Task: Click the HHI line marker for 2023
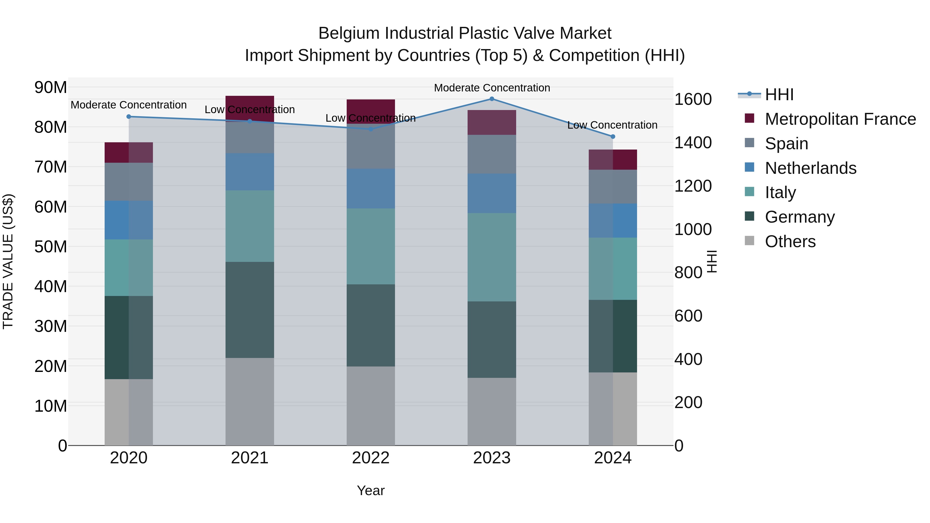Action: [x=492, y=99]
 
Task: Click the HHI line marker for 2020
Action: [x=129, y=116]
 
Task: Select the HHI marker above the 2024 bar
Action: [x=613, y=136]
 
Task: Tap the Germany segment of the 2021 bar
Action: [x=250, y=310]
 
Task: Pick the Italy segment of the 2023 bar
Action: [x=492, y=257]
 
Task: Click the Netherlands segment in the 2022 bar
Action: [x=371, y=189]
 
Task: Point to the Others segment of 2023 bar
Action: [x=492, y=411]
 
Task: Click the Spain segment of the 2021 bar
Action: [x=250, y=137]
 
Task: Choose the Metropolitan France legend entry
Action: [x=840, y=119]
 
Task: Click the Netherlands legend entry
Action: [x=810, y=168]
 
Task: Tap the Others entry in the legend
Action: [x=790, y=241]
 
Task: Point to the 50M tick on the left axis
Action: [x=51, y=247]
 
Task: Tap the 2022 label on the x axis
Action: [x=371, y=458]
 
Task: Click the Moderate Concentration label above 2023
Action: [x=492, y=88]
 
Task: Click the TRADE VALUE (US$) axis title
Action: [x=8, y=261]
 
